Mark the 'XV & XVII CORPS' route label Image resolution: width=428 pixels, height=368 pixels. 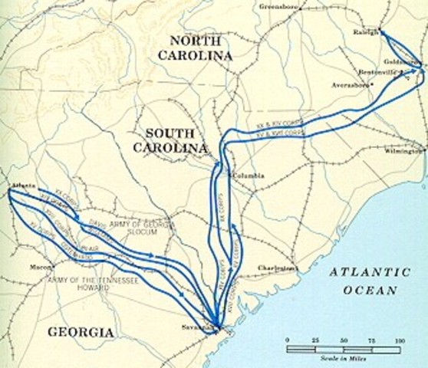[281, 132]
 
